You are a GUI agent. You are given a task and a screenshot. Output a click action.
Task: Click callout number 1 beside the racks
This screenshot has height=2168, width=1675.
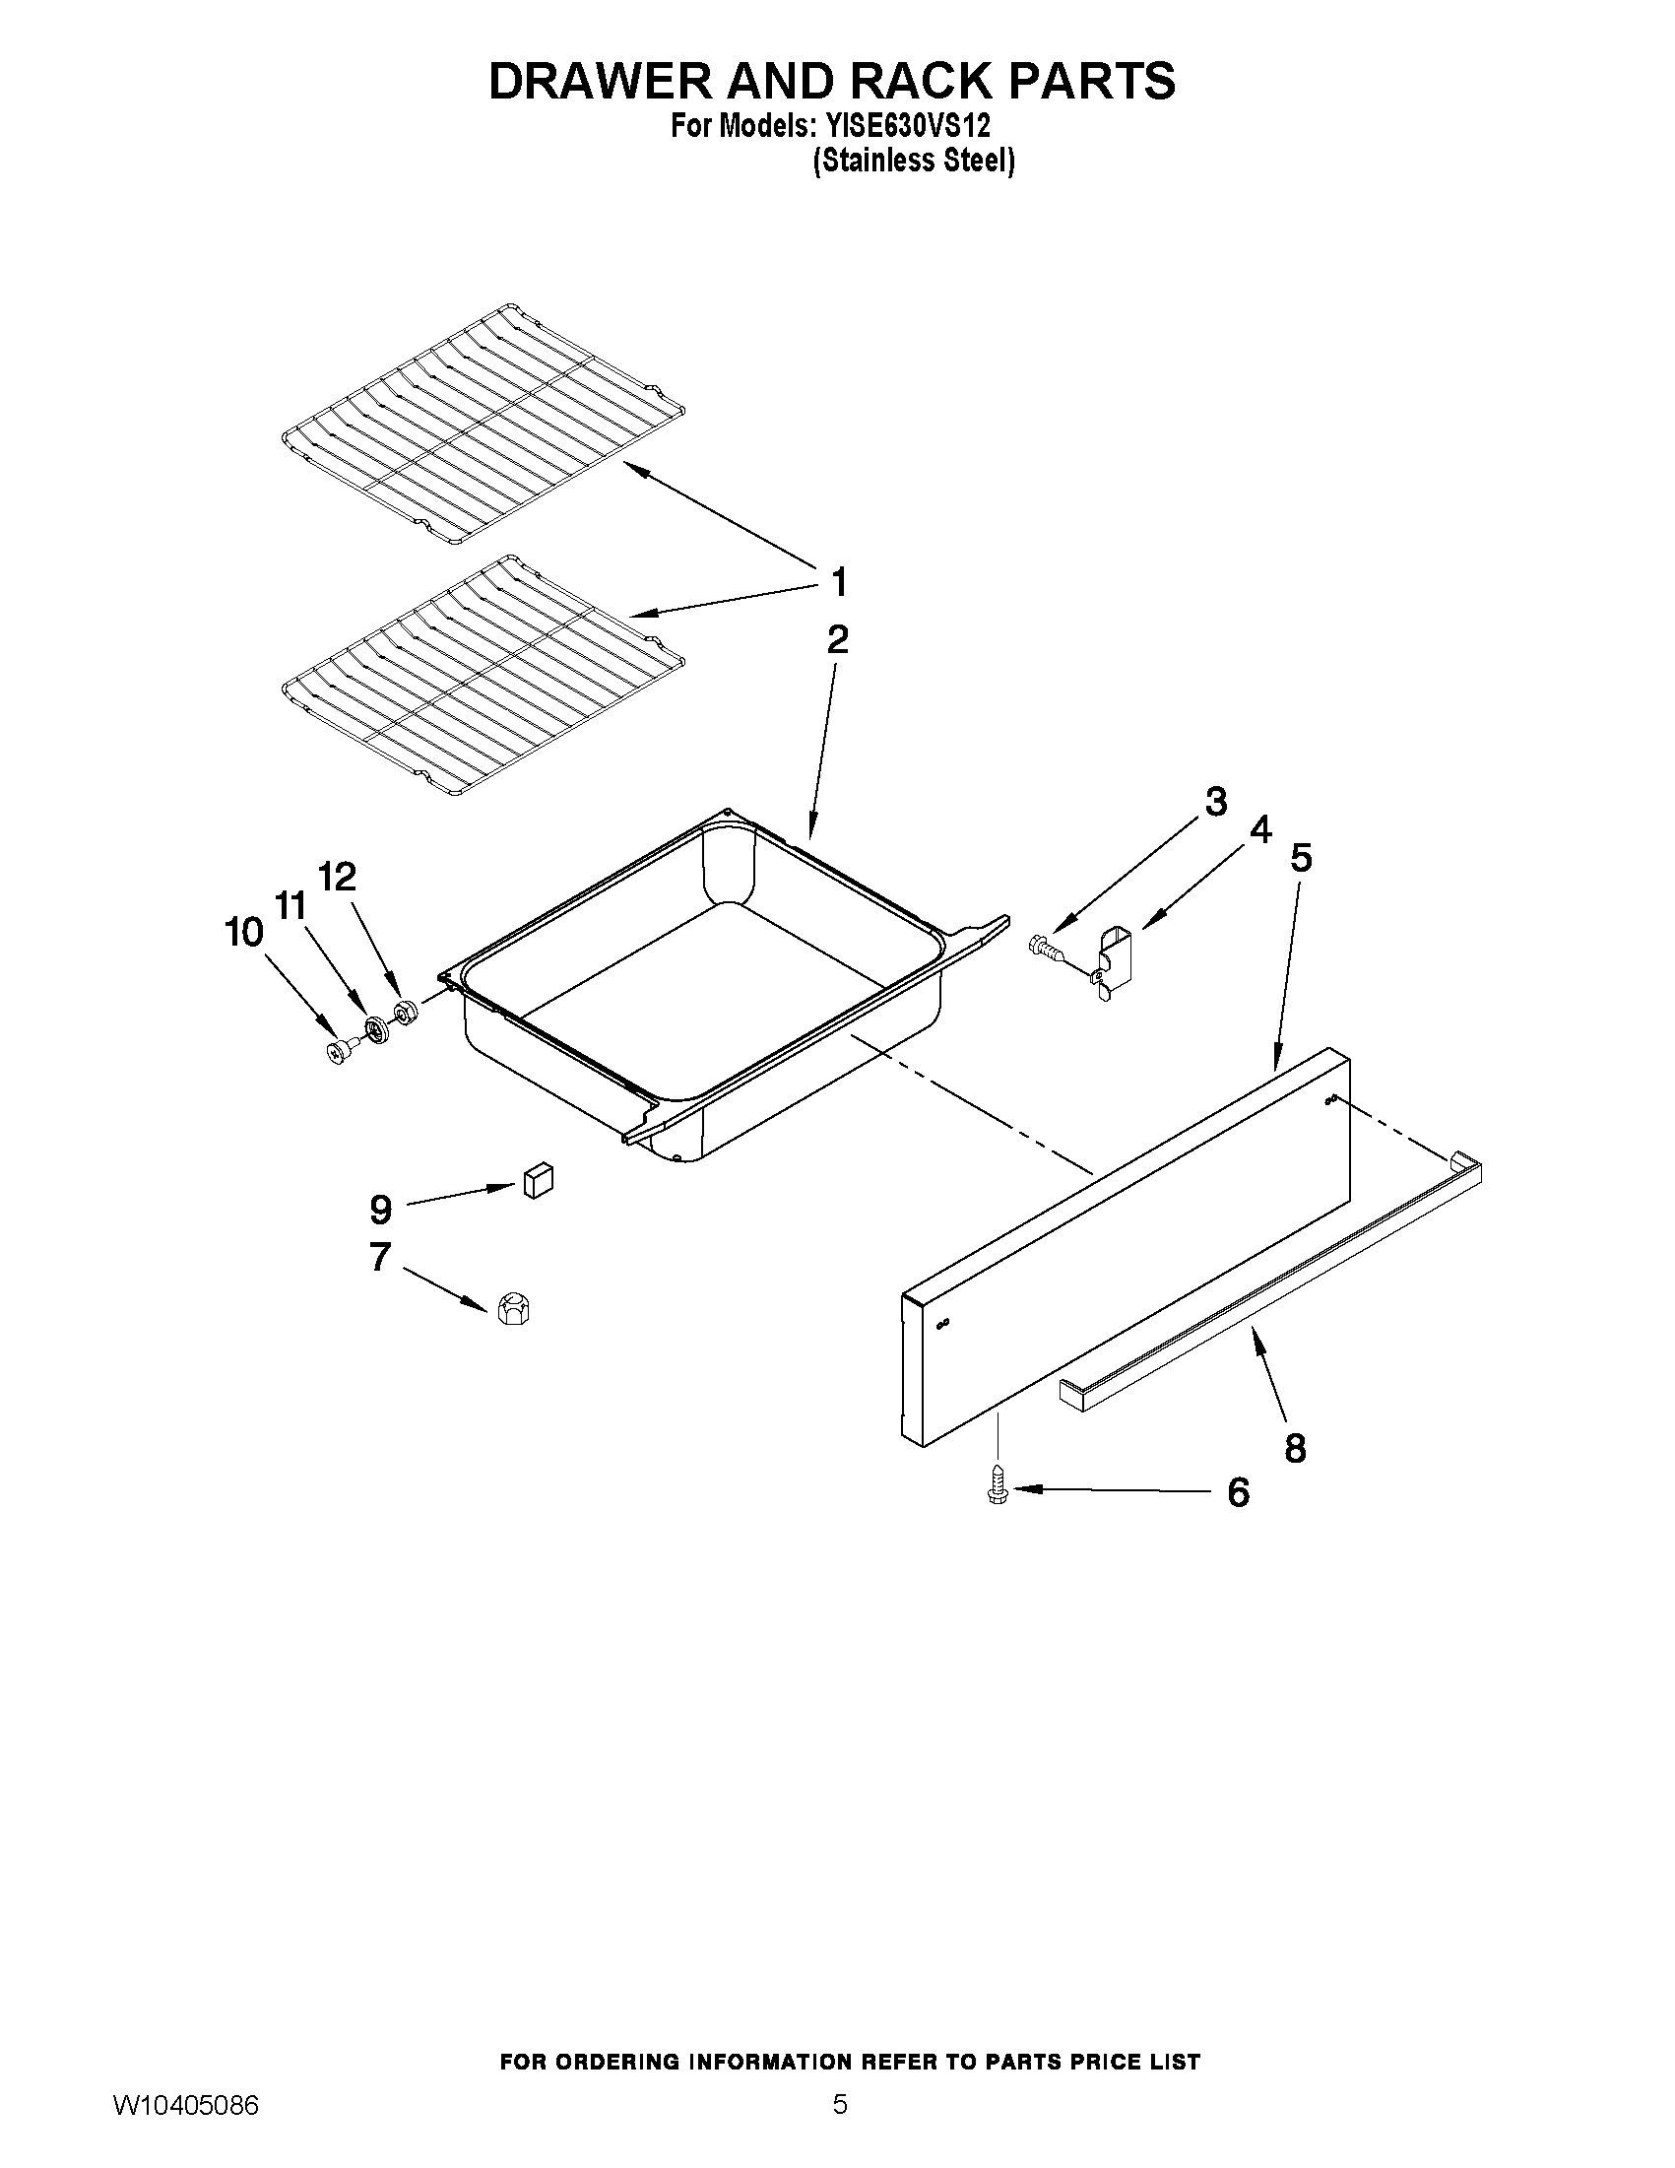[839, 583]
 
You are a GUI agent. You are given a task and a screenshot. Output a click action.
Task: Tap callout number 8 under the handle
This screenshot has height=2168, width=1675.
[1295, 1449]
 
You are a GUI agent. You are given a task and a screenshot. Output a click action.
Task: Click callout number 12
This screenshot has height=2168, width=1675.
[337, 877]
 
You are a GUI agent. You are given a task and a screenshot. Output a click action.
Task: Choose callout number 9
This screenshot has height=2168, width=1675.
[381, 1209]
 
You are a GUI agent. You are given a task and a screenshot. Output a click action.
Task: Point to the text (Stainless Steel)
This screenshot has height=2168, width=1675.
[913, 160]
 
